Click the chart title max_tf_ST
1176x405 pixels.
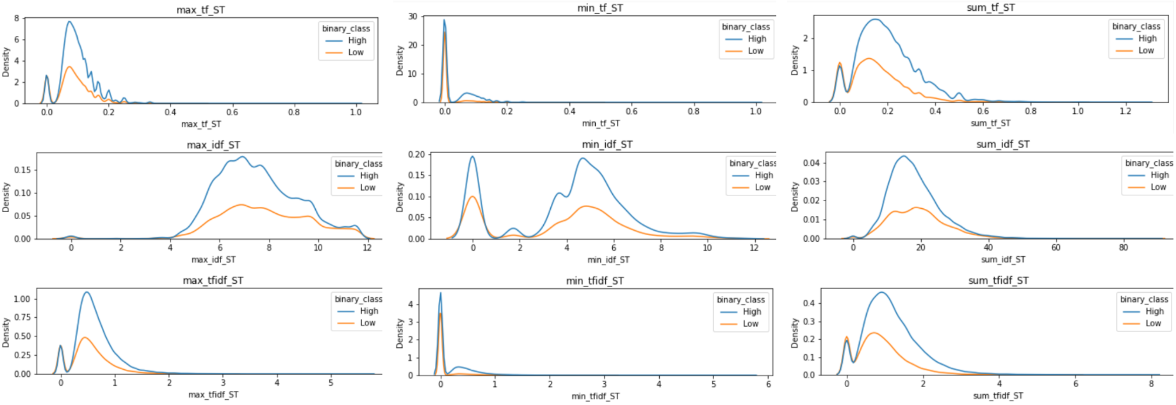coord(200,10)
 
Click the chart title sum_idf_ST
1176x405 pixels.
coord(1003,144)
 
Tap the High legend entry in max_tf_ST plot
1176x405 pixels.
coord(357,40)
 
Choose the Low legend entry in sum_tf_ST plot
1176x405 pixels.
coord(1146,51)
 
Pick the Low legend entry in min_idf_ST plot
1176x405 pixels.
coord(762,187)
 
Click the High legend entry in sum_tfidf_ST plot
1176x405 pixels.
coord(1154,311)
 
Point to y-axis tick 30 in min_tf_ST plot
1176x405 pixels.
coord(413,17)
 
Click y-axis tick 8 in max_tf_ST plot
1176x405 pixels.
coord(17,18)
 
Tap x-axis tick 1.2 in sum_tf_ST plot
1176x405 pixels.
coord(1125,111)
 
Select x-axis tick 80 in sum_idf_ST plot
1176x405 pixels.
coord(1123,247)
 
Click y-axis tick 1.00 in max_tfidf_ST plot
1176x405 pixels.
coord(22,299)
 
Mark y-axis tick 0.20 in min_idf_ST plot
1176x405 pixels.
coord(416,154)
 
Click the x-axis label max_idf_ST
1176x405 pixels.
coord(213,260)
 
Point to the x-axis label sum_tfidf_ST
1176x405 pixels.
coord(998,395)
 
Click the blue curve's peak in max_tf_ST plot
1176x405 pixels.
coord(69,22)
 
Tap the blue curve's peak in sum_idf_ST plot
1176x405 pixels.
coord(903,156)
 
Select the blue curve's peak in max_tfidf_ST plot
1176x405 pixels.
coord(86,292)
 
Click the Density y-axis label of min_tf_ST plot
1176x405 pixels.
coord(400,60)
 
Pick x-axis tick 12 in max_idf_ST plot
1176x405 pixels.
coord(367,247)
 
